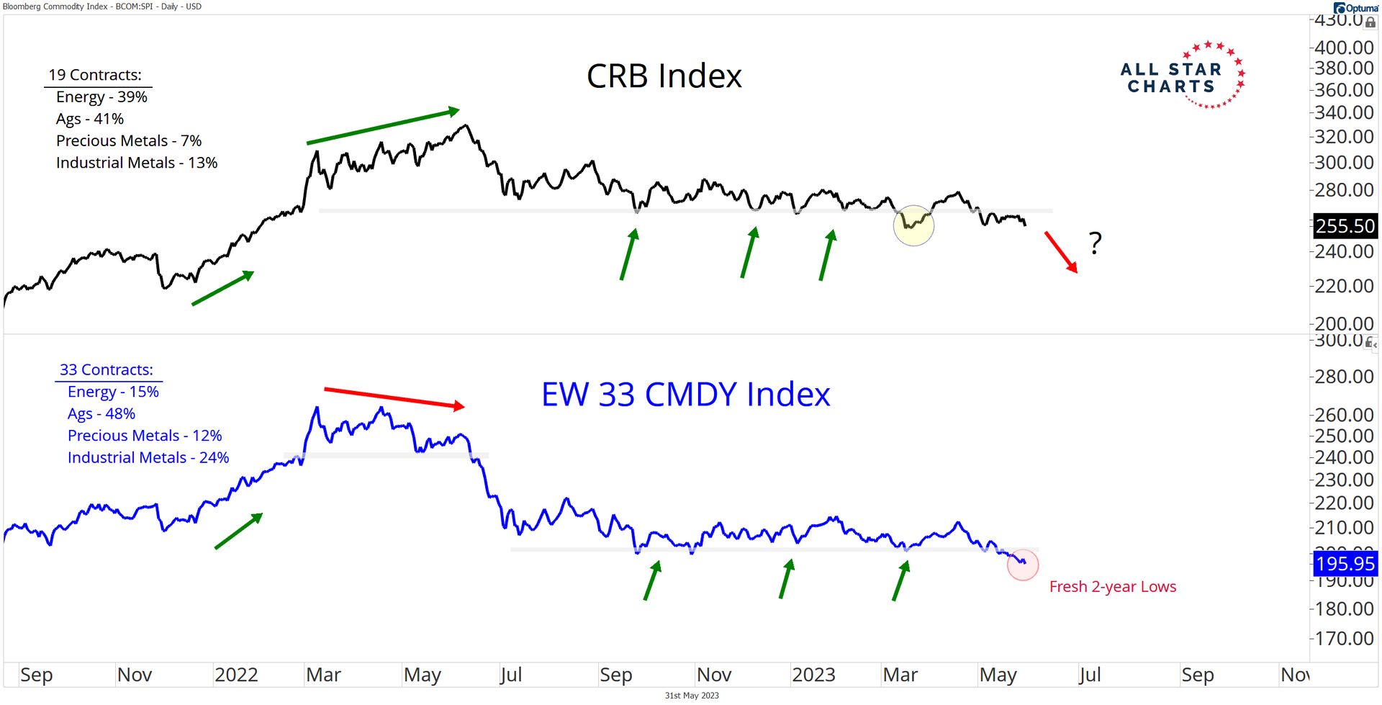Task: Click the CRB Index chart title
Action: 664,76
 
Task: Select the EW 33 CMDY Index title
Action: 685,395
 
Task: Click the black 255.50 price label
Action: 1345,226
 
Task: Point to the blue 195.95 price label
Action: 1345,564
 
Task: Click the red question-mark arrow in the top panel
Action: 1061,252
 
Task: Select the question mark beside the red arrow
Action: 1095,243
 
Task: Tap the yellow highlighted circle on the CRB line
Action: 913,225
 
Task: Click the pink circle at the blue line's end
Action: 1022,565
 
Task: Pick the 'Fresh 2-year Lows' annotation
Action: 1112,587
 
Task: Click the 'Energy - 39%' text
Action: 101,97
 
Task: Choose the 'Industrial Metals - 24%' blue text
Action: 148,458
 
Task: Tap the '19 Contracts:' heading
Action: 95,75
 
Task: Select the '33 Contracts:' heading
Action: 107,370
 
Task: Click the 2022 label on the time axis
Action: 236,675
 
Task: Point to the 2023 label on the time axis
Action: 813,675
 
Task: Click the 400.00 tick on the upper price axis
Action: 1344,48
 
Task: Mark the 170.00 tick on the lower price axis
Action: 1344,638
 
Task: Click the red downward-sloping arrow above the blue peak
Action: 394,398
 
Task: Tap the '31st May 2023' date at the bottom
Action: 691,696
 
